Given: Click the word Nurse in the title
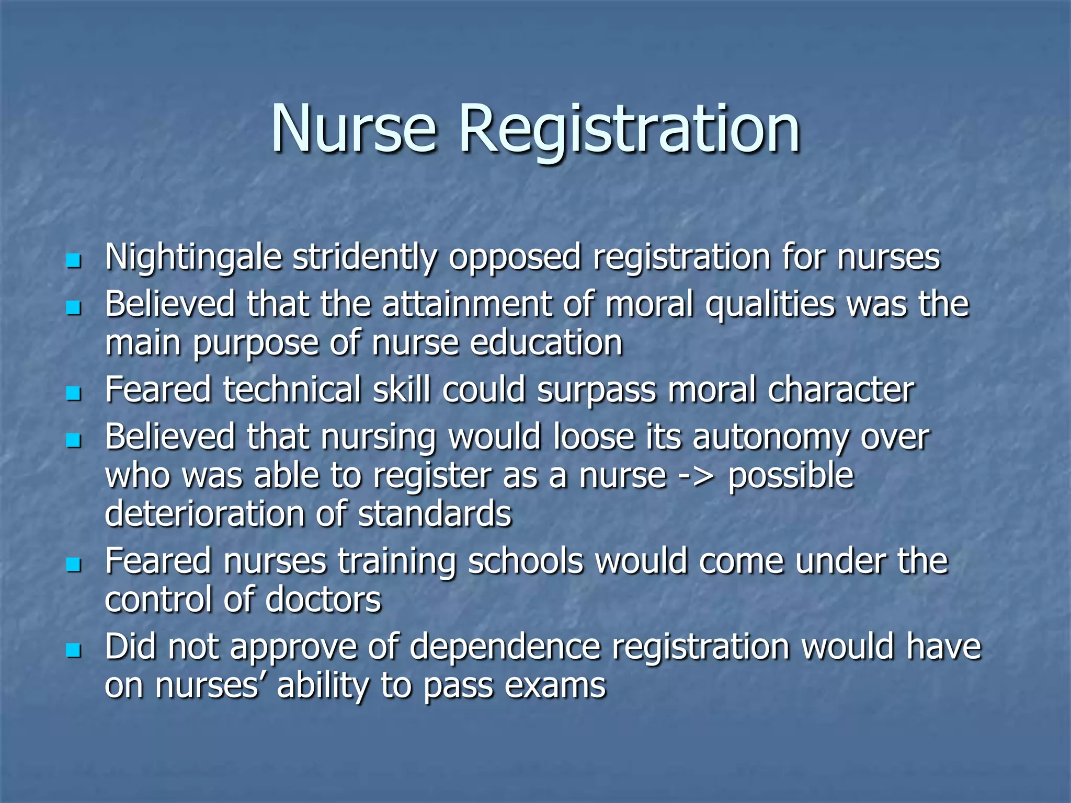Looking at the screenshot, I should coord(354,129).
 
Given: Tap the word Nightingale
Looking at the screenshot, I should coord(193,258).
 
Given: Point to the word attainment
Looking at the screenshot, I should coord(467,304).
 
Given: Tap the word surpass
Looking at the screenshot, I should coord(596,390).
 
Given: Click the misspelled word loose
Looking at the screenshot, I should coord(594,437).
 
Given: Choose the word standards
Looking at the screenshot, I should coord(435,513).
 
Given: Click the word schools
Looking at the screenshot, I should coord(525,561).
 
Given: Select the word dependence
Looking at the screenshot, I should coord(505,647).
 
